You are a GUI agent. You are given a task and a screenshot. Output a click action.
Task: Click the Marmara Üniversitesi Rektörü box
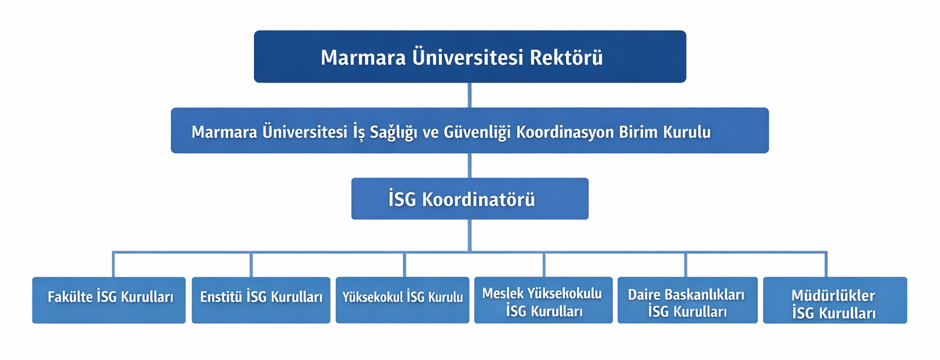470,57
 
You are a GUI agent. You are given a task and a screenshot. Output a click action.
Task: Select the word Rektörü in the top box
566,58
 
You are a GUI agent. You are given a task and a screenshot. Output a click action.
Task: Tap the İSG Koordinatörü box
470,198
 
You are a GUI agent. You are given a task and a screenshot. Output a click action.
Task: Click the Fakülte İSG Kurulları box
109,300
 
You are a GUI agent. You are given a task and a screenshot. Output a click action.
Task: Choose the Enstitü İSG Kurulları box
261,300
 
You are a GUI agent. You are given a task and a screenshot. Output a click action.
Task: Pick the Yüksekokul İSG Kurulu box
403,300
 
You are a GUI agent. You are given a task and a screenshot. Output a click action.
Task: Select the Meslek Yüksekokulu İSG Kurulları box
543,300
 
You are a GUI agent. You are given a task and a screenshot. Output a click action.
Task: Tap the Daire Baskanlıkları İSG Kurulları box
687,300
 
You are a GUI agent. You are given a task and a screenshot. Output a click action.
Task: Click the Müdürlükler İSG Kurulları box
835,300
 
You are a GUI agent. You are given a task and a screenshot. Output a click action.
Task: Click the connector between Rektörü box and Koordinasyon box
469,96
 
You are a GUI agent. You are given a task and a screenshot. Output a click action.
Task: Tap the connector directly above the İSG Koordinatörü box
469,165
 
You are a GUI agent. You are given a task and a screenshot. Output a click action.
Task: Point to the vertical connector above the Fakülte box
113,264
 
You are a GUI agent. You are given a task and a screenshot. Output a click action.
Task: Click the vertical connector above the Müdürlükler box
826,264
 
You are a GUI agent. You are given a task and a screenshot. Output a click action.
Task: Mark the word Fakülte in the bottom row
70,297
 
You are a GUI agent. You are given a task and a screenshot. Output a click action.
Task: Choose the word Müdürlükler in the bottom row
833,295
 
